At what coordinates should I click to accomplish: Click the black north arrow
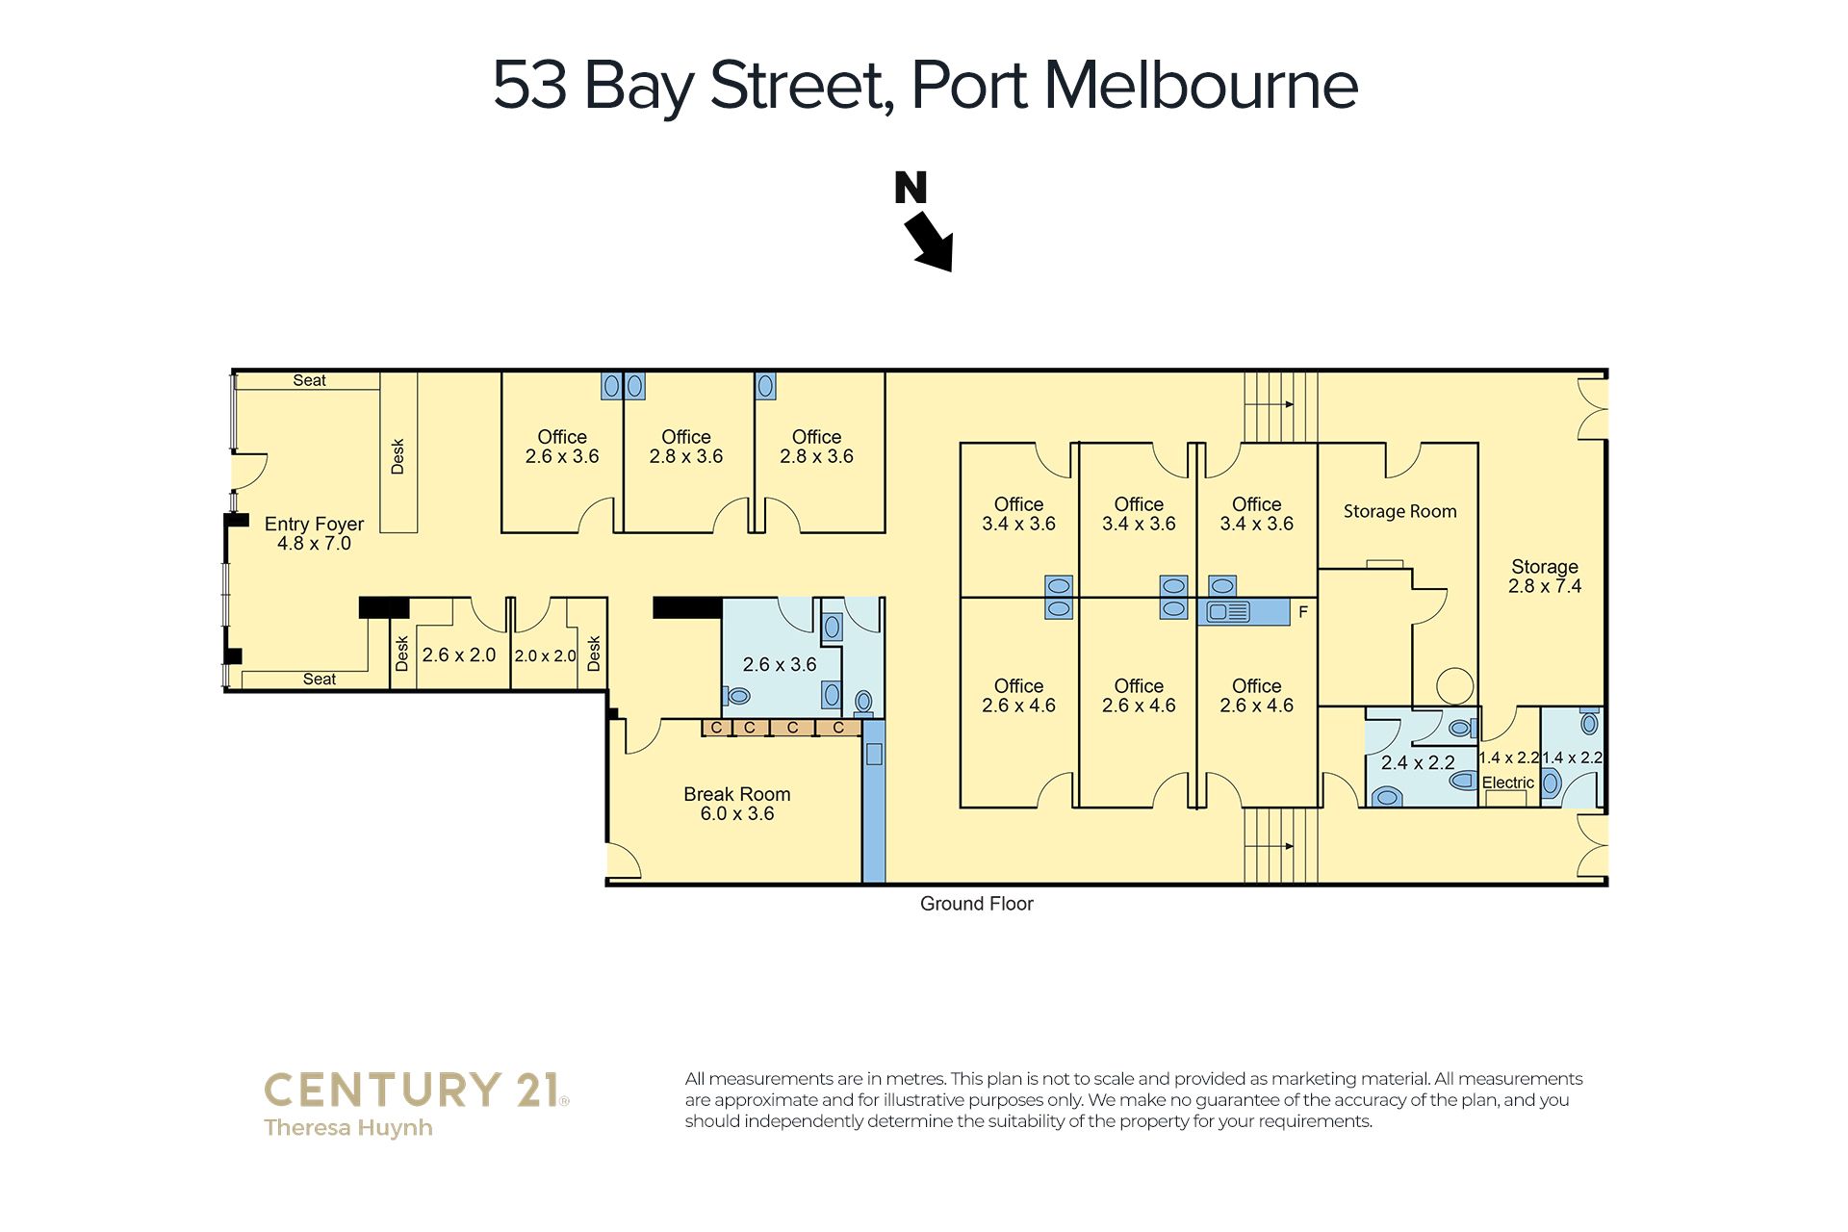pyautogui.click(x=930, y=242)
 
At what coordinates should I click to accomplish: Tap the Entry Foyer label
pyautogui.click(x=314, y=533)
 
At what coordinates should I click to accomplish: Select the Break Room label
pyautogui.click(x=737, y=804)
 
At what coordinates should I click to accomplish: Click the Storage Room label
pyautogui.click(x=1400, y=511)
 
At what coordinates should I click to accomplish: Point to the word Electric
pyautogui.click(x=1508, y=783)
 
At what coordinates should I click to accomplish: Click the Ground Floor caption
pyautogui.click(x=977, y=904)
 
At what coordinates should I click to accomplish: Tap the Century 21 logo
pyautogui.click(x=416, y=1091)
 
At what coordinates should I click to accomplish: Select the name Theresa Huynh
pyautogui.click(x=348, y=1128)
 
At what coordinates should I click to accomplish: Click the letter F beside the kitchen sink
pyautogui.click(x=1303, y=612)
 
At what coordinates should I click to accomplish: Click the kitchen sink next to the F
pyautogui.click(x=1228, y=611)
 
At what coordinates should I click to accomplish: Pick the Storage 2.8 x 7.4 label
pyautogui.click(x=1545, y=577)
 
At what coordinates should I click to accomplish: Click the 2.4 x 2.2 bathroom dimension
pyautogui.click(x=1418, y=763)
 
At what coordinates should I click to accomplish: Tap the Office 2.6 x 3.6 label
pyautogui.click(x=562, y=447)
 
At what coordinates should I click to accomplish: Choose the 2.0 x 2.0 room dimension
pyautogui.click(x=545, y=656)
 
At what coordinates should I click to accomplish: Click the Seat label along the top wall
pyautogui.click(x=309, y=380)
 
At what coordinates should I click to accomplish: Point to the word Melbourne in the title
pyautogui.click(x=1201, y=86)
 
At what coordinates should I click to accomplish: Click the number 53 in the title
pyautogui.click(x=529, y=86)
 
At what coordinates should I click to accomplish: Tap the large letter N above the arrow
pyautogui.click(x=911, y=187)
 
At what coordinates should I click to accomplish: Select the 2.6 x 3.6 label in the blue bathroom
pyautogui.click(x=780, y=665)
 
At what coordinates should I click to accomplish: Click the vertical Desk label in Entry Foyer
pyautogui.click(x=398, y=456)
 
